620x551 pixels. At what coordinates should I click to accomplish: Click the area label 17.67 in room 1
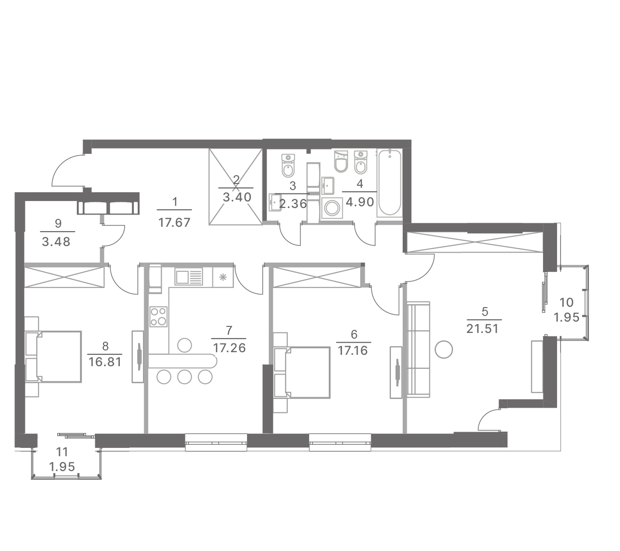pos(174,222)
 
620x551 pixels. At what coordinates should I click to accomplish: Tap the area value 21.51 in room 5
pos(483,329)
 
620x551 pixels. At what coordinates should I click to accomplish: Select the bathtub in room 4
pos(389,183)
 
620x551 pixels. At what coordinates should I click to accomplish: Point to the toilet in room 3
pos(288,166)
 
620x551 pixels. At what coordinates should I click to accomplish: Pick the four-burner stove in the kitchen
pos(159,316)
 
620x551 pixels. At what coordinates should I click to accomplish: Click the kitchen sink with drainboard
pos(188,277)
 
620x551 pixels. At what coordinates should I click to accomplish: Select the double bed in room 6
pos(302,372)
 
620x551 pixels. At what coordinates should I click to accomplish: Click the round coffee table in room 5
pos(443,349)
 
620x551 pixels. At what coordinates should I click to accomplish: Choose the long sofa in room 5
pos(418,350)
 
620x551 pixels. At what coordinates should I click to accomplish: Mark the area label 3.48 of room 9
pos(56,242)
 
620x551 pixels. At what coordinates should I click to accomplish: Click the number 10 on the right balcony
pos(567,302)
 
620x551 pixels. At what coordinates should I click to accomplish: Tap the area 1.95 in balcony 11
pos(62,467)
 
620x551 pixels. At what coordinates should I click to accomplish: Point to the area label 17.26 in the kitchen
pos(229,348)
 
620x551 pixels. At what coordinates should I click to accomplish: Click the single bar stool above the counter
pos(185,345)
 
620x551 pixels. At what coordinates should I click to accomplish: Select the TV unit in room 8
pos(138,357)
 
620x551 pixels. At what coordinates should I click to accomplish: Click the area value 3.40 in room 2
pos(237,198)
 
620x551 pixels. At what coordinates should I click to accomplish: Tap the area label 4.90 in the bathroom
pos(360,202)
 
